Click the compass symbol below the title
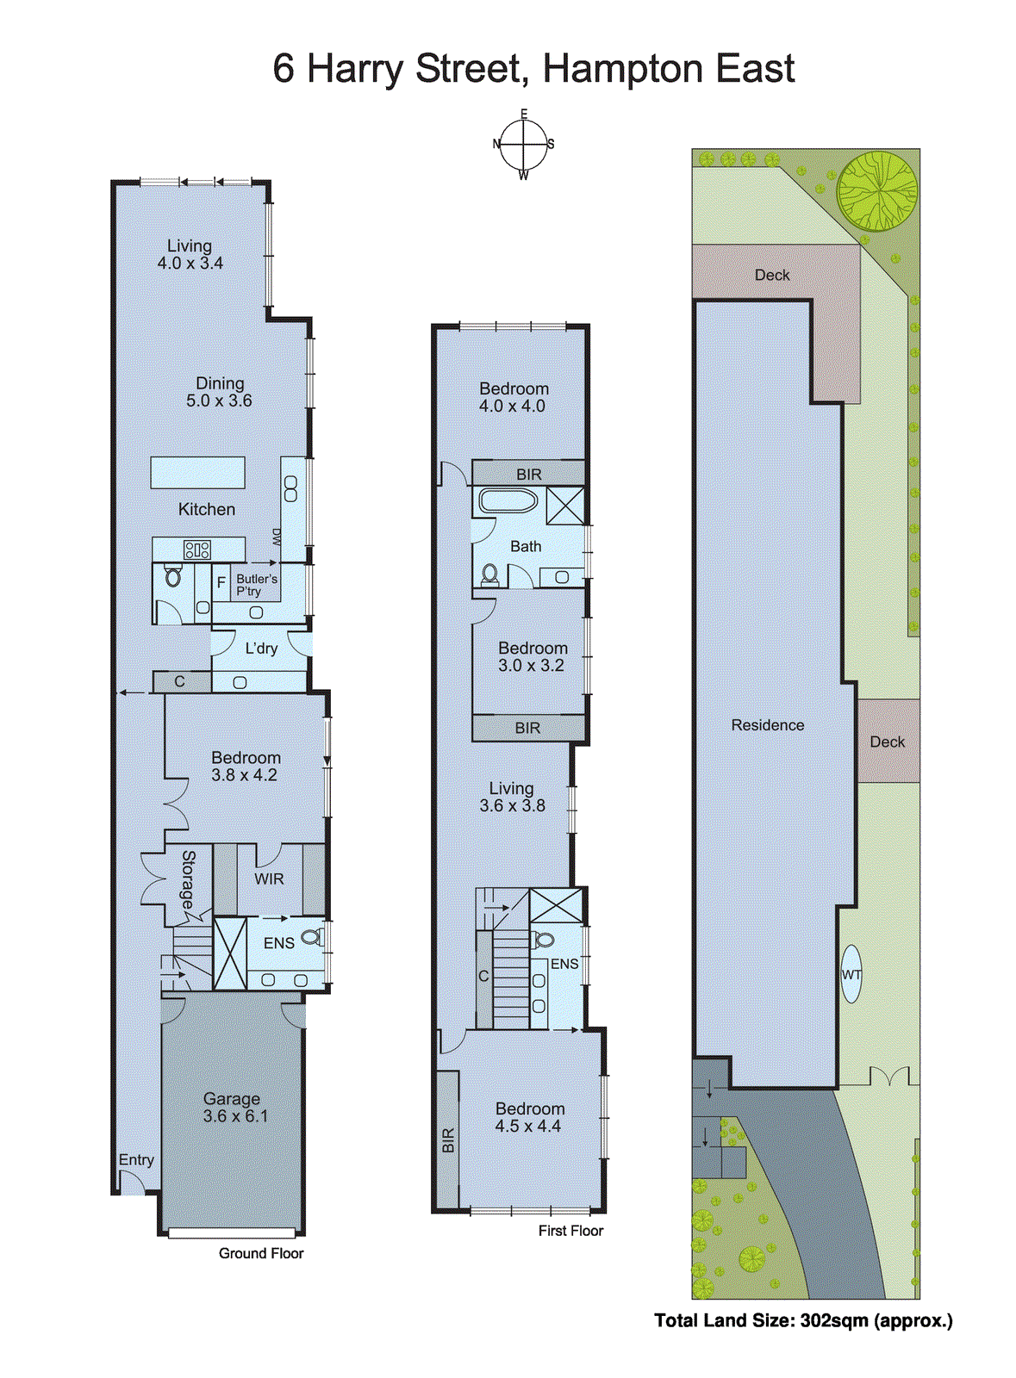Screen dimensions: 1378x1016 [523, 145]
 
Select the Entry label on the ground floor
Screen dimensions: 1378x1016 [136, 1160]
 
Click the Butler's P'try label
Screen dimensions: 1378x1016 [256, 585]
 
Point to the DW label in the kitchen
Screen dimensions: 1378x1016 [277, 537]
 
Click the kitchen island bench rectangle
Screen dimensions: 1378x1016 [197, 472]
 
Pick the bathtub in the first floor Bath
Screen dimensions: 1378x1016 [508, 500]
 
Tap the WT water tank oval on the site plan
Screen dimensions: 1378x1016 [851, 974]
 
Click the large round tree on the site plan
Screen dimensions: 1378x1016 [877, 191]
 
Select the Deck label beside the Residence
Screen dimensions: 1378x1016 [887, 742]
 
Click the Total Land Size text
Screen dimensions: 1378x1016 [803, 1320]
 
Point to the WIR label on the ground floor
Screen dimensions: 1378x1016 [269, 879]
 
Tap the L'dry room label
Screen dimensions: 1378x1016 [261, 649]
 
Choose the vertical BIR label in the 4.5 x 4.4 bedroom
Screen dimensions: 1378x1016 [447, 1141]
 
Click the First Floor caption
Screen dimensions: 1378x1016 [570, 1231]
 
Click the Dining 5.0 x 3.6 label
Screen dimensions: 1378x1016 [220, 392]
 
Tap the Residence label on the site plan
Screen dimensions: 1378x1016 [767, 725]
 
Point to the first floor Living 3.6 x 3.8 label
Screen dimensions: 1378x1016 [512, 797]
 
